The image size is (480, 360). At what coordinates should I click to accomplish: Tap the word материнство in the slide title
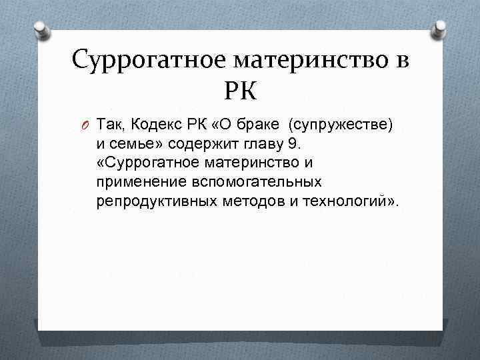311,61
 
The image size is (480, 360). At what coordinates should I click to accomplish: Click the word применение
137,182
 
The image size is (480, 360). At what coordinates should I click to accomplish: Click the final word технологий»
346,201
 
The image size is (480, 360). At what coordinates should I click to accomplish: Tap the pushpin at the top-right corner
440,29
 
